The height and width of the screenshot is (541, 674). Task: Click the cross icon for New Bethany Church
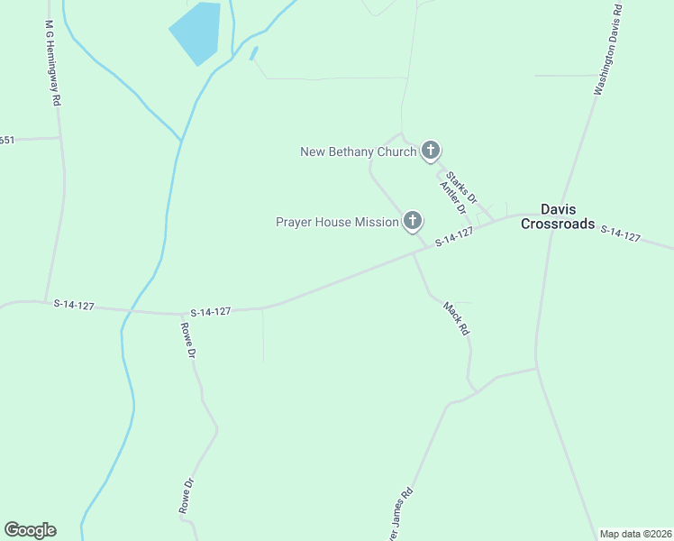coord(431,151)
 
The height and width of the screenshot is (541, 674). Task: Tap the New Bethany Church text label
coord(358,151)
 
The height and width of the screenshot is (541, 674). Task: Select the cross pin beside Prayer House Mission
coord(413,220)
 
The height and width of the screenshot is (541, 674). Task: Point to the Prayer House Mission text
coord(337,222)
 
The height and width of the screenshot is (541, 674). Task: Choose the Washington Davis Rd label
coord(608,51)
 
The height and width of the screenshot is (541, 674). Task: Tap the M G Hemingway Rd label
coord(52,68)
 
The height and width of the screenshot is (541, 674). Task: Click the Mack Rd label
coord(457,319)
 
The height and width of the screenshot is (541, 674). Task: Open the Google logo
coord(30,530)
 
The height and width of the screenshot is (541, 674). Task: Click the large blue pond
coord(196,32)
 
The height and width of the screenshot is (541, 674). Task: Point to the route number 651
coord(7,140)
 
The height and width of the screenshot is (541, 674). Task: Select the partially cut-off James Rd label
coord(397,517)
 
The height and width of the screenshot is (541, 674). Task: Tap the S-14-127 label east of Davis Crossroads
coord(620,234)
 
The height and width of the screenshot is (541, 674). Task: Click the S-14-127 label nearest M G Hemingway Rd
coord(74,305)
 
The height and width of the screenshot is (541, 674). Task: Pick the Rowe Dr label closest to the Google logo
coord(187,496)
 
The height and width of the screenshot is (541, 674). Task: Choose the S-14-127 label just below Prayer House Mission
coord(454,237)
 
